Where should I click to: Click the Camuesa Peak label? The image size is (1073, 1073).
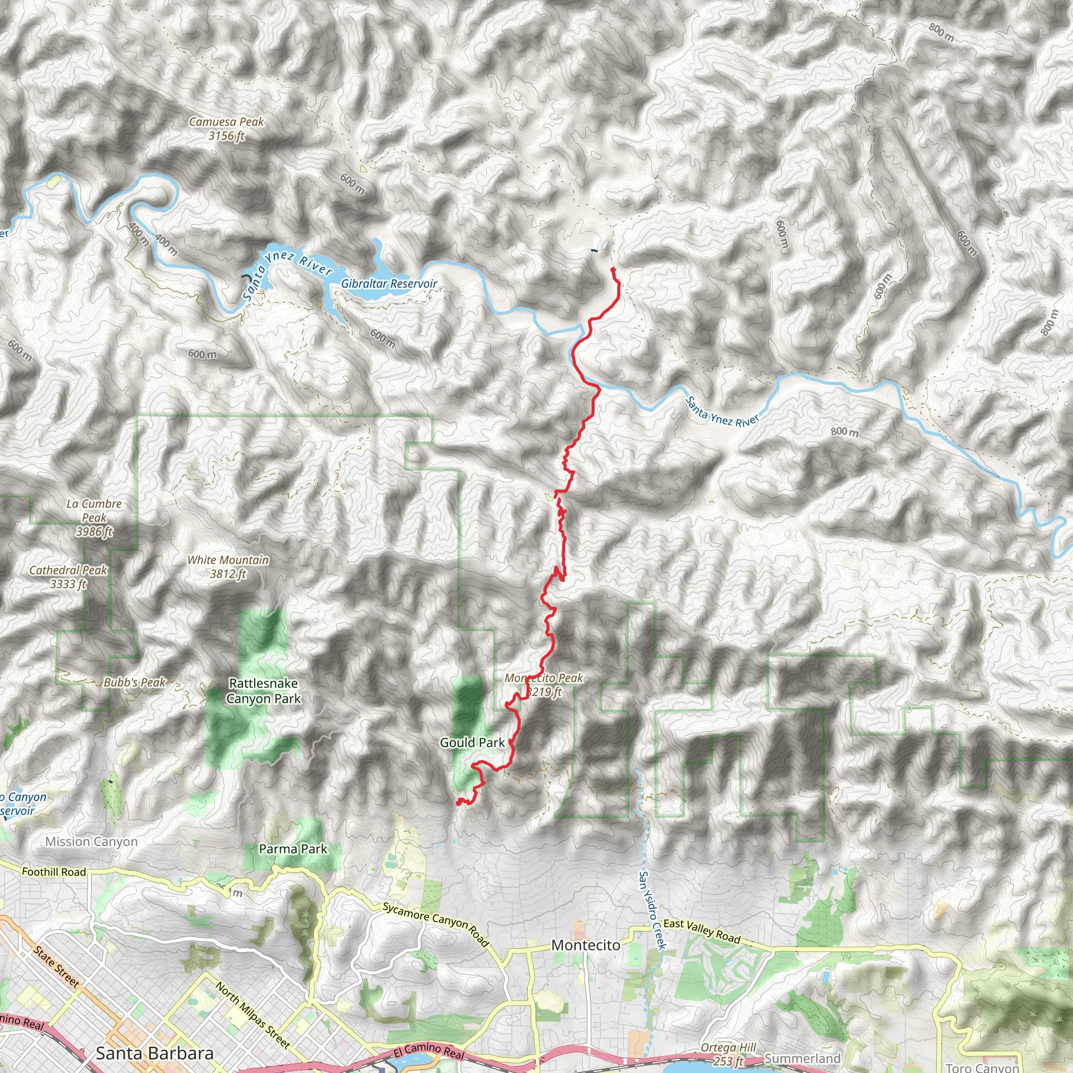tap(226, 128)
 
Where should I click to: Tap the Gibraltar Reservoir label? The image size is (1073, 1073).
tap(389, 284)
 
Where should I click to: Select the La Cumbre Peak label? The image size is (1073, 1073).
tap(94, 518)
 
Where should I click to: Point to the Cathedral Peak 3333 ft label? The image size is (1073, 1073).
tap(68, 576)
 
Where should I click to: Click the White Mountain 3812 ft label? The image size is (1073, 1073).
tap(228, 566)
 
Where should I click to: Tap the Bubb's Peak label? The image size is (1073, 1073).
tap(135, 683)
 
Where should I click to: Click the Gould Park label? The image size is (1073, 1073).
tap(472, 742)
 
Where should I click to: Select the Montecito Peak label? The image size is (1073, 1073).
tap(544, 684)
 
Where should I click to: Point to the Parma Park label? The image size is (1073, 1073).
tap(293, 849)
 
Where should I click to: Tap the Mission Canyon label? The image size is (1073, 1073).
tap(92, 841)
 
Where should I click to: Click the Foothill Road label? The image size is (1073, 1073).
tap(54, 872)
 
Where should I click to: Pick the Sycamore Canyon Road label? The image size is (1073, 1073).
tap(436, 925)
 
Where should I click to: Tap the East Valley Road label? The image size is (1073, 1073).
tap(702, 931)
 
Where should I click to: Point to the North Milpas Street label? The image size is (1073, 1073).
tap(253, 1016)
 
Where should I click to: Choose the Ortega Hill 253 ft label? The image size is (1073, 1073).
tap(728, 1054)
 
